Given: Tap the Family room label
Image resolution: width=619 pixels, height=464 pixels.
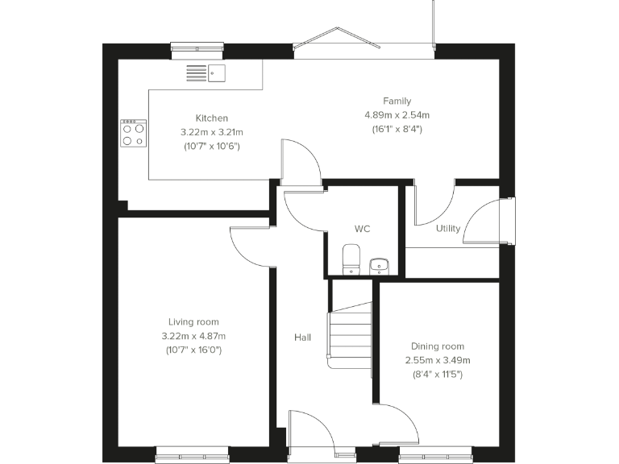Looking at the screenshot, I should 397,101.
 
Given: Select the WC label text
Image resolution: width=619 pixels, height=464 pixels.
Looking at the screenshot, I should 362,229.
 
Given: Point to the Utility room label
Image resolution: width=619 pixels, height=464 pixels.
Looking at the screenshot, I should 448,228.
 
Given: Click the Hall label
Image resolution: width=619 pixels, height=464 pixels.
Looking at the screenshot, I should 302,338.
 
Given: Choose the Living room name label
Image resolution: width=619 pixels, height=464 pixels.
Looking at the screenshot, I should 193,321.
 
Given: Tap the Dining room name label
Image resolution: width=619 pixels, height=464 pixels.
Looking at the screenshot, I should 437,346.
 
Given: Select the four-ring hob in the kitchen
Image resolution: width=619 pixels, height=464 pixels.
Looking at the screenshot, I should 134,134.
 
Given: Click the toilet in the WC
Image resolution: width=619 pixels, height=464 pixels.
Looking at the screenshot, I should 350,260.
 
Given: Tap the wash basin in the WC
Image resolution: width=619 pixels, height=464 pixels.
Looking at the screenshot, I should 379,265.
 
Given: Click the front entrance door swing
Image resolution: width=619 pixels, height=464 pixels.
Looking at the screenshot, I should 311,430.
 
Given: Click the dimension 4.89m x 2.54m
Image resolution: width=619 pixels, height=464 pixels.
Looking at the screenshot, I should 397,115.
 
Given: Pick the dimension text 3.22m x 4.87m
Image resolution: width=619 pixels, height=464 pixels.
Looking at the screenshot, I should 193,336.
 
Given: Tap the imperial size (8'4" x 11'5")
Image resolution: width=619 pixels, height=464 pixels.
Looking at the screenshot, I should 437,375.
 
